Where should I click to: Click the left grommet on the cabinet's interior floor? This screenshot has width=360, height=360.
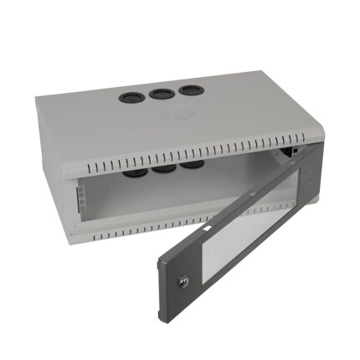pos(133,176)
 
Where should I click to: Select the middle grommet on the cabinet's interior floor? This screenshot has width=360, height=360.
pos(162,169)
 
